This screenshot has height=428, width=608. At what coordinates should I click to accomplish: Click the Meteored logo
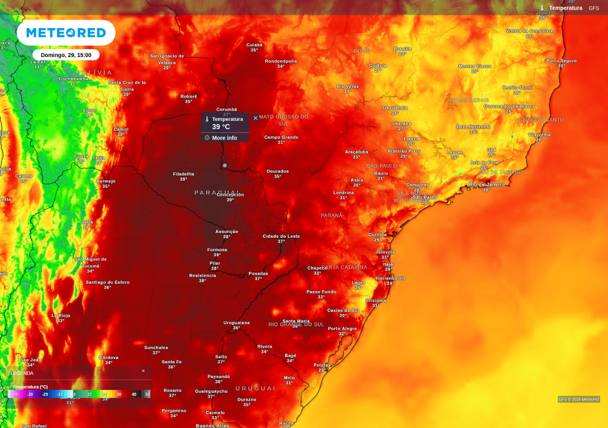point(66,33)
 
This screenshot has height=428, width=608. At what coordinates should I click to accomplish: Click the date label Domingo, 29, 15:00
point(66,55)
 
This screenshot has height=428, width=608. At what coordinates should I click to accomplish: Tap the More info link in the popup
point(224,138)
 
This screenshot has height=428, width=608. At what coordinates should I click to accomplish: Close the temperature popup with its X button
point(255,118)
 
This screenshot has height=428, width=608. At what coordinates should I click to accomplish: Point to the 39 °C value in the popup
point(221,127)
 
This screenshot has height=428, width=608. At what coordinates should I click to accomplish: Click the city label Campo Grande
point(281,137)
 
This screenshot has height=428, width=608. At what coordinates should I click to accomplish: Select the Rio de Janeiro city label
point(486,184)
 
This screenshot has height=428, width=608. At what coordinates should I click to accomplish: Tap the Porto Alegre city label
point(342,329)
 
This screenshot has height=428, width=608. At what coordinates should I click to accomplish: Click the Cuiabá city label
point(254,45)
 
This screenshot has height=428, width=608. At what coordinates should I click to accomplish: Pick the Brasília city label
point(403,49)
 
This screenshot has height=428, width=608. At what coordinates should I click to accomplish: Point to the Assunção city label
point(226,231)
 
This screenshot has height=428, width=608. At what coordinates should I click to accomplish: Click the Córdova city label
point(109,357)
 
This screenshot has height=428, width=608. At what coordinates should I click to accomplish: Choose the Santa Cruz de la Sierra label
point(126,86)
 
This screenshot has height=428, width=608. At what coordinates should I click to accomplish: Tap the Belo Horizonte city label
point(473,127)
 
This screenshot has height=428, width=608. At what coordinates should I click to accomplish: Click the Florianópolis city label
point(390,278)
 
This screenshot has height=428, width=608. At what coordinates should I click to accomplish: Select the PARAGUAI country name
point(217,193)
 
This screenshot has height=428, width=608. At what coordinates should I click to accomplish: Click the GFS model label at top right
point(594,8)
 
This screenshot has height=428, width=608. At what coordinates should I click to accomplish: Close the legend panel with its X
point(143,371)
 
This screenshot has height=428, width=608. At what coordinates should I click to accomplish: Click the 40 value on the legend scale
point(134,394)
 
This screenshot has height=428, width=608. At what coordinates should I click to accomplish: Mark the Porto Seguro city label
point(561,61)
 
